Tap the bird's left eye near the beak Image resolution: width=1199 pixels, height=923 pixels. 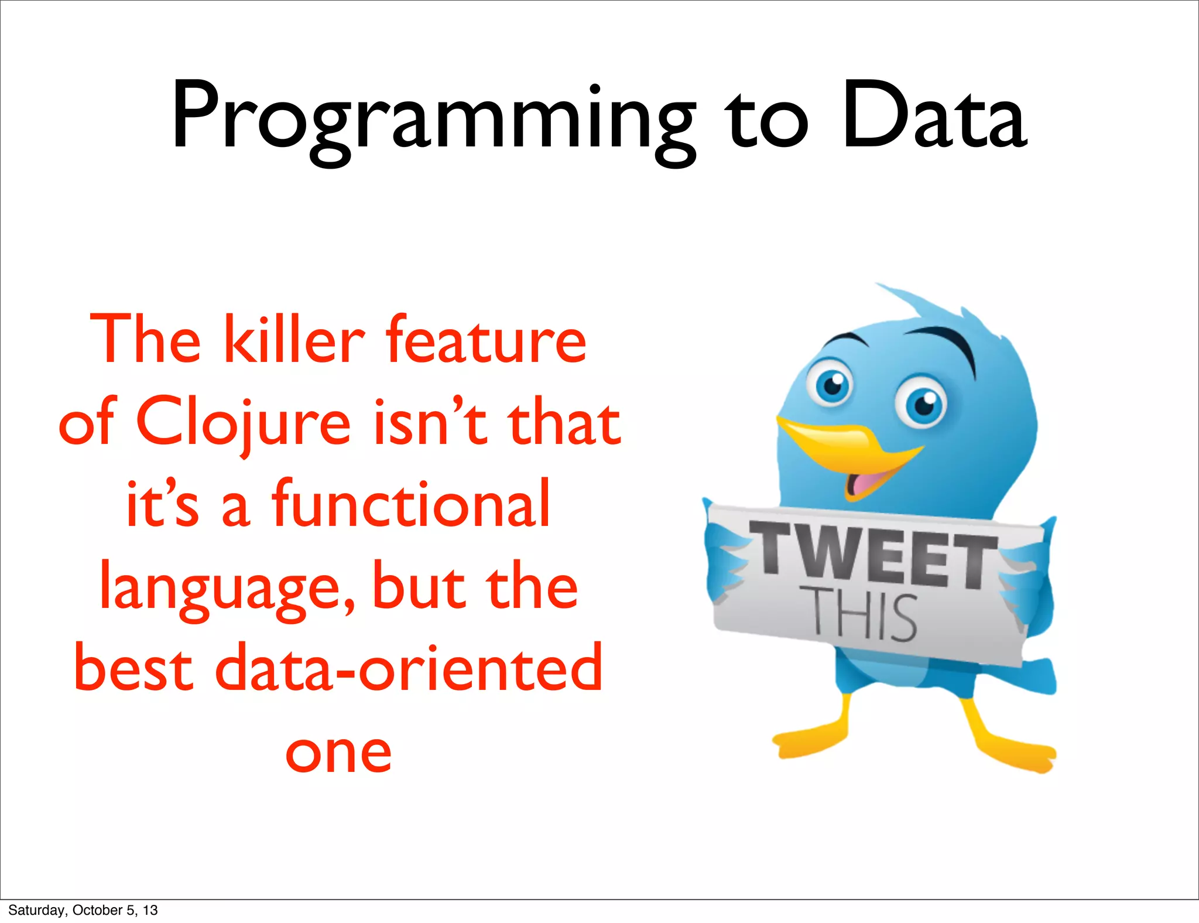[831, 384]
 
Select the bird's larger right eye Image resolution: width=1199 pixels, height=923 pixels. [923, 405]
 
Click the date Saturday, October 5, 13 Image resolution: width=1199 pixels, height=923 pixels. [83, 910]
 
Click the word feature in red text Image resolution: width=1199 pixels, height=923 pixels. [485, 340]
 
